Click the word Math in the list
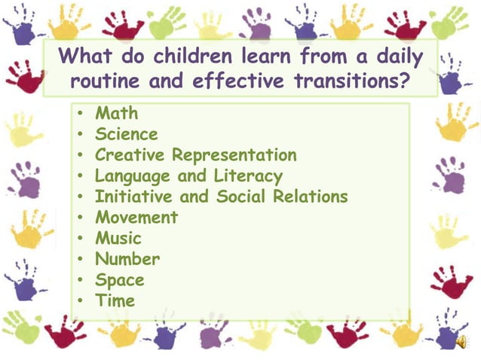(x=116, y=114)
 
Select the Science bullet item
(x=126, y=135)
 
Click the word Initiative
(x=130, y=197)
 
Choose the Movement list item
(x=136, y=218)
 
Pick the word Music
(x=118, y=238)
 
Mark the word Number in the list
(x=127, y=259)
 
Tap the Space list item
(x=119, y=280)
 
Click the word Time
(x=115, y=301)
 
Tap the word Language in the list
(x=131, y=176)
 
